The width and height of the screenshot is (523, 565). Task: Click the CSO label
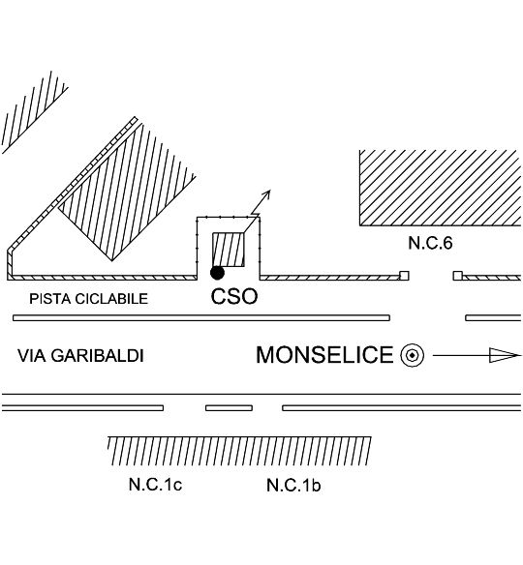(x=234, y=297)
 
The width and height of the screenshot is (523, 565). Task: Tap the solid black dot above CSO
(x=217, y=273)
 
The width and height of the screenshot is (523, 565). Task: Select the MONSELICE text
(x=324, y=355)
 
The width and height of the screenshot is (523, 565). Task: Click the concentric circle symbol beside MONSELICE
(x=412, y=356)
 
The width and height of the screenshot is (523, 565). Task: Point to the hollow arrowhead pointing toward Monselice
(x=505, y=355)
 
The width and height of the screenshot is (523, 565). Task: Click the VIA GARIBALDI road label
(x=80, y=356)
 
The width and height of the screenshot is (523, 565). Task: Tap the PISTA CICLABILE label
(x=89, y=299)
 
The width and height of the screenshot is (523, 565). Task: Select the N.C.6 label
(x=430, y=243)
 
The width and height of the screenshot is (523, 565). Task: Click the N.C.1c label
(x=155, y=485)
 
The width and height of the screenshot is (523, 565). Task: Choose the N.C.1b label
(x=293, y=485)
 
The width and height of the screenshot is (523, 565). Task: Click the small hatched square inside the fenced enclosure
(x=229, y=250)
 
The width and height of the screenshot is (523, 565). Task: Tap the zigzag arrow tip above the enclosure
(x=269, y=191)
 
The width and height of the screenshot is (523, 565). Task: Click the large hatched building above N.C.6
(x=440, y=188)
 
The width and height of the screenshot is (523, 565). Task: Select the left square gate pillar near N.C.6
(x=404, y=276)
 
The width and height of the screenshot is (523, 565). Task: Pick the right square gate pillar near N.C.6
(x=458, y=276)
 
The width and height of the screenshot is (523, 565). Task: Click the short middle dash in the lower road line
(x=229, y=408)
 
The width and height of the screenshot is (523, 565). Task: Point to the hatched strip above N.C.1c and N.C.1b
(x=239, y=451)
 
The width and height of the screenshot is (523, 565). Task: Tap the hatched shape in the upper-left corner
(x=34, y=112)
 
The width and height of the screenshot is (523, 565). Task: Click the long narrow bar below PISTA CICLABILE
(x=201, y=317)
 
